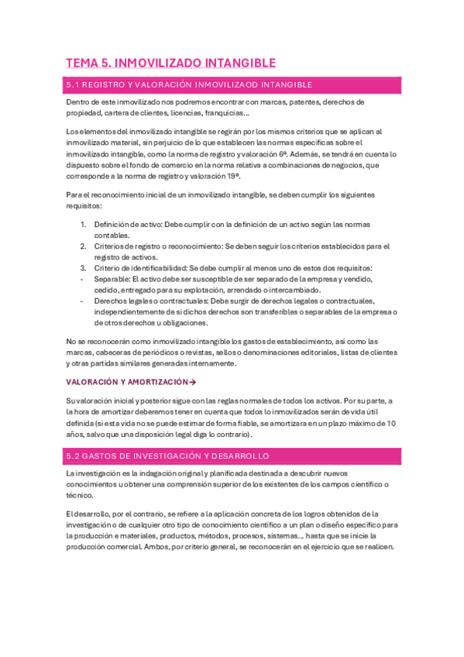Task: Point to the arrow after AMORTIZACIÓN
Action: (193, 382)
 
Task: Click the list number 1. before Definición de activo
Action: (84, 224)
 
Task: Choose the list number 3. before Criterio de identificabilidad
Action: (84, 268)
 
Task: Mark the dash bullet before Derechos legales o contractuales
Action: (83, 301)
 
